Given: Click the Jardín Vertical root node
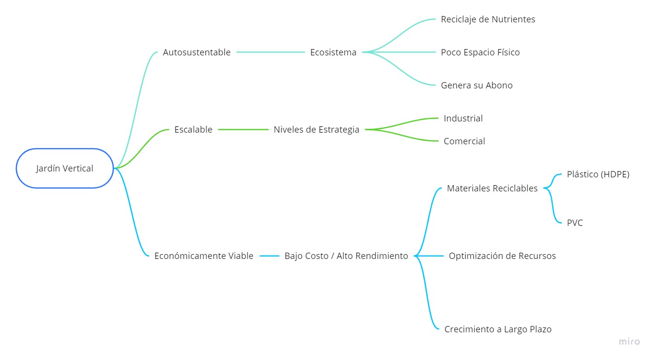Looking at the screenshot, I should [x=65, y=169].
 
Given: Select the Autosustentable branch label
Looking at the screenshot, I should [x=197, y=52].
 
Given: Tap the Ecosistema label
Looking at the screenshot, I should [x=333, y=52].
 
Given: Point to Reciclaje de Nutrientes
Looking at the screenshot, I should [x=488, y=19].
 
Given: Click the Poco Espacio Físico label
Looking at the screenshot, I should [x=480, y=52].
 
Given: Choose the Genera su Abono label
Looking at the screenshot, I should [x=476, y=86].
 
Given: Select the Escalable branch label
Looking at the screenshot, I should [x=193, y=130].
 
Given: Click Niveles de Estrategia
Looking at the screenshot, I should [x=317, y=130].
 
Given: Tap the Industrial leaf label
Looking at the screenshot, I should [x=463, y=119].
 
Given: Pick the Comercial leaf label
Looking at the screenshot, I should [x=464, y=141].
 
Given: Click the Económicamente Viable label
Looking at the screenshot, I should [x=203, y=256].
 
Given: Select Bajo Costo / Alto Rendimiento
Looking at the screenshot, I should [x=346, y=256].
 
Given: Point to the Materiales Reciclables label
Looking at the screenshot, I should [x=492, y=189].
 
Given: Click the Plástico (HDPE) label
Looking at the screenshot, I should [x=598, y=174].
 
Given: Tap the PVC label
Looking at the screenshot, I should [x=575, y=223].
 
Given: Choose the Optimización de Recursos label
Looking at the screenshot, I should [x=502, y=256].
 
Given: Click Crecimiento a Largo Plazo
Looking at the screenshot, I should [x=498, y=329].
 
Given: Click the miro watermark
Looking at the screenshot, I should [x=629, y=342].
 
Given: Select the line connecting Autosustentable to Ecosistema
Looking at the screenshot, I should [x=270, y=52].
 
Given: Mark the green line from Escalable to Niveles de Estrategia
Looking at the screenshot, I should [x=243, y=130].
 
